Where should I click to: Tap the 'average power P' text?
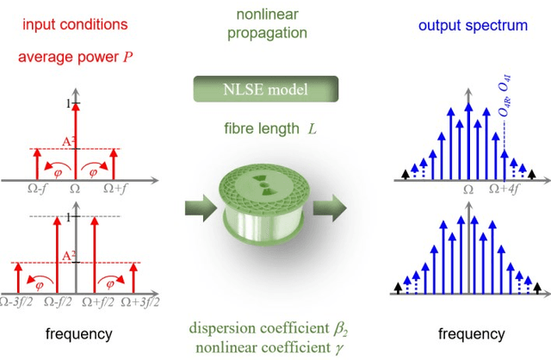point(70,59)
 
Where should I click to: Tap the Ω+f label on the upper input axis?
point(116,187)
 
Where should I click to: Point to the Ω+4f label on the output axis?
point(505,188)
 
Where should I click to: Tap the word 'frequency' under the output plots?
point(472,332)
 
